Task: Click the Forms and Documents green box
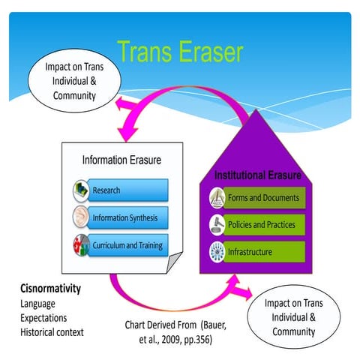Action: [263, 198]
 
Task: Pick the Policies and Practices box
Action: [263, 223]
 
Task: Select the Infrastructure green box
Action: [263, 250]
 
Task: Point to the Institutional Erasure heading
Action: [258, 175]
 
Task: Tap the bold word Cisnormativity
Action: [51, 288]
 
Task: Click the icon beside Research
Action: [81, 190]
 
